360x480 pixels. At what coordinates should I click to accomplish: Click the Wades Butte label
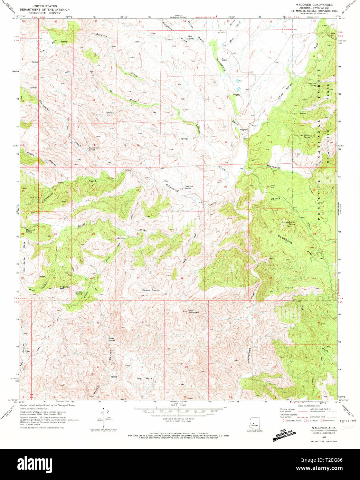click(150, 290)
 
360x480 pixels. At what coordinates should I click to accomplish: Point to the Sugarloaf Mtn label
click(65, 287)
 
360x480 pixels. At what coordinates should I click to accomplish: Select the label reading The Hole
click(144, 379)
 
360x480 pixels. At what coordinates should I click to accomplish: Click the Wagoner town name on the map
click(244, 129)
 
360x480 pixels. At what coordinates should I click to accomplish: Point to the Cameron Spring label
click(188, 187)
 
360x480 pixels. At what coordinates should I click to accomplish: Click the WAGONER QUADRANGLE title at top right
click(314, 5)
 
